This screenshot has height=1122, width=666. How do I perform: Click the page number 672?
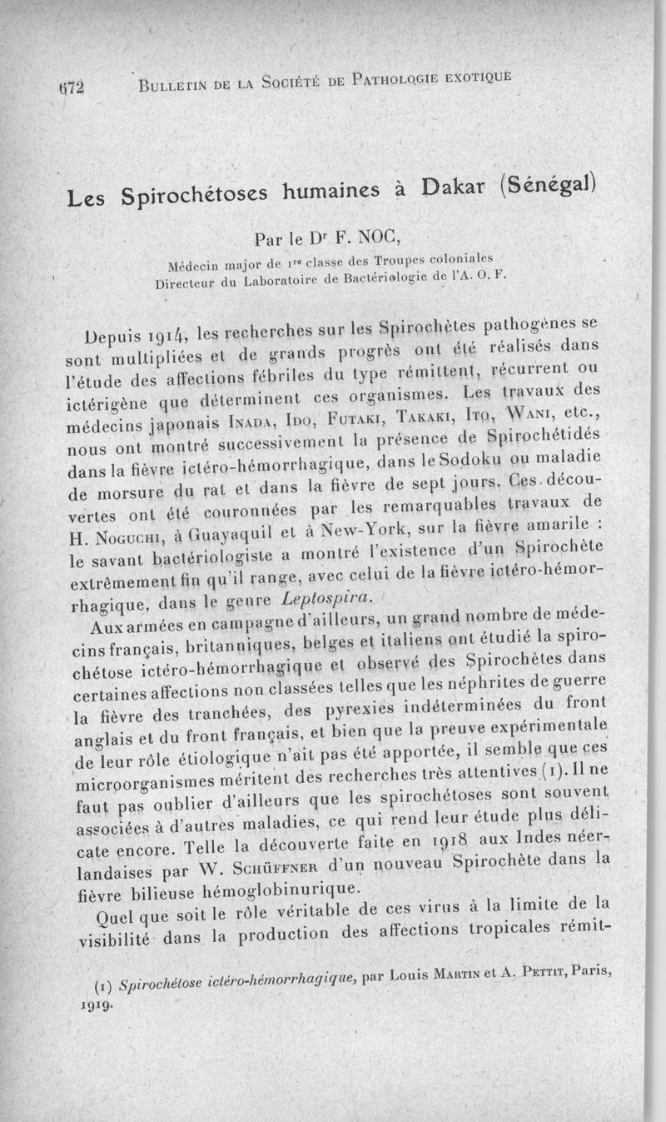tap(73, 85)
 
